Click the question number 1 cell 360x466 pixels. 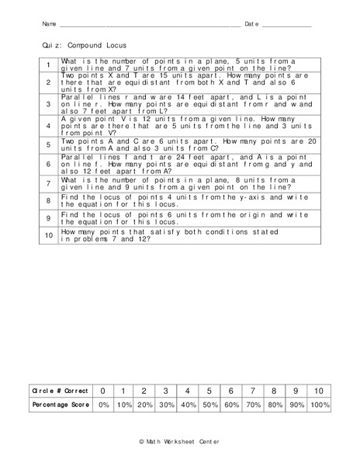click(x=48, y=65)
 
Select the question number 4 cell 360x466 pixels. click(x=48, y=124)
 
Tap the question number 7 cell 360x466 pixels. click(x=48, y=183)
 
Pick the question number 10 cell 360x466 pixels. click(x=48, y=235)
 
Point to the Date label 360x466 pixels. click(x=251, y=25)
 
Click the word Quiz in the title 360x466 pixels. click(x=52, y=46)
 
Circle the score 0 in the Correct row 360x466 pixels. click(x=102, y=390)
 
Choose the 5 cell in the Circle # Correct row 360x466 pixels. click(x=207, y=390)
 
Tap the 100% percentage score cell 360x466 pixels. click(x=319, y=405)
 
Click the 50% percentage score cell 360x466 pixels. click(x=207, y=405)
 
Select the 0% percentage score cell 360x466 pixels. click(x=102, y=405)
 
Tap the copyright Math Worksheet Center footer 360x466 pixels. click(x=179, y=441)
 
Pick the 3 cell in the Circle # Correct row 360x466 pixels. click(x=165, y=390)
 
